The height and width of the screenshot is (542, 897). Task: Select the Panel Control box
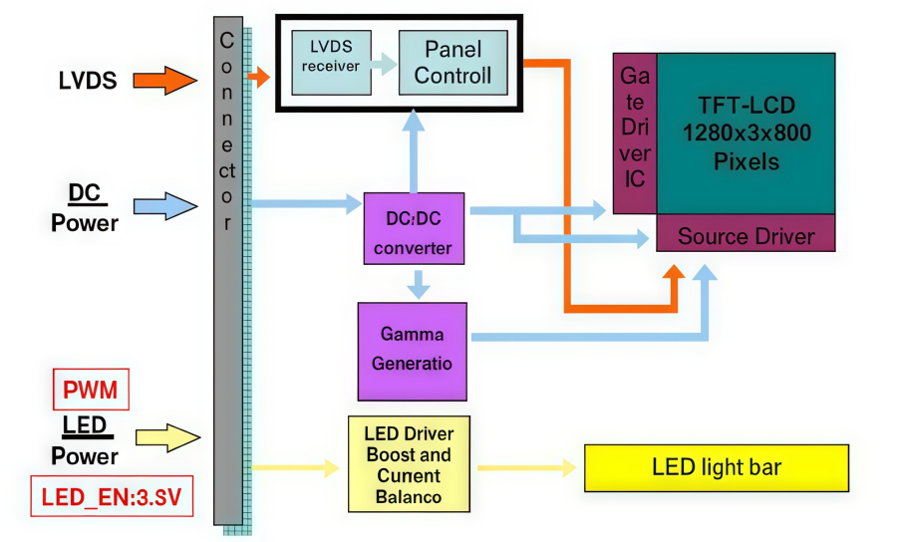452,62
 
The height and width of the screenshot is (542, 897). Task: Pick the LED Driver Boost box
409,464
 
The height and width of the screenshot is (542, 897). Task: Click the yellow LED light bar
716,468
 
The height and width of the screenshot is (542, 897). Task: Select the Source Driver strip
746,236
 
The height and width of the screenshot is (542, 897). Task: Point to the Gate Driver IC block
635,134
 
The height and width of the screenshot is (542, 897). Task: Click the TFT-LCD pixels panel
746,133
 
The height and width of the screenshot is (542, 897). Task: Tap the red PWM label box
91,390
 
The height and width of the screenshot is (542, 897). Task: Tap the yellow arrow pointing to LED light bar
528,467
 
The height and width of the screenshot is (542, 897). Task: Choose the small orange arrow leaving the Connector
259,76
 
